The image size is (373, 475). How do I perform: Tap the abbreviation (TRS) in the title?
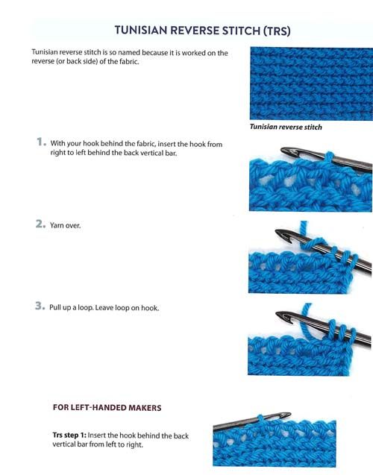(277, 31)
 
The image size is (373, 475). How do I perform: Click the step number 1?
(41, 142)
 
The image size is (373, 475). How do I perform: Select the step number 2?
(40, 224)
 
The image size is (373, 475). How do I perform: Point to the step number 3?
(40, 306)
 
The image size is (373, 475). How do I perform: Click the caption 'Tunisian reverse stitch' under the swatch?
(286, 127)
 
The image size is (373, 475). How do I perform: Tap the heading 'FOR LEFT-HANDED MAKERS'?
(107, 407)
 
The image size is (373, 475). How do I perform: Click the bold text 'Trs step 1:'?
(69, 435)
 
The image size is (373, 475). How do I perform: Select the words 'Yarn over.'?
(65, 225)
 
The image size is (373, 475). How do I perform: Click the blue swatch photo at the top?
(311, 84)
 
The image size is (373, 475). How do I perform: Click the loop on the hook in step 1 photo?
(330, 158)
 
